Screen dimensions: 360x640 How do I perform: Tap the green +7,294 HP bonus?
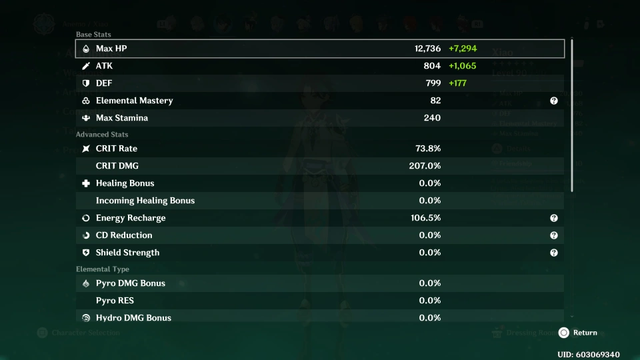[x=463, y=49]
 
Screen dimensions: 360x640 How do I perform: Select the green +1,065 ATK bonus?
[x=463, y=66]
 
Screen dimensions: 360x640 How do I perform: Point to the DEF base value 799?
[x=432, y=83]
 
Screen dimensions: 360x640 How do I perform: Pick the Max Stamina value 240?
[x=432, y=118]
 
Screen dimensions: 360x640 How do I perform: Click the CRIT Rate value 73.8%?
[x=427, y=149]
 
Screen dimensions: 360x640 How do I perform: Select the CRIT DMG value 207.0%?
[x=425, y=166]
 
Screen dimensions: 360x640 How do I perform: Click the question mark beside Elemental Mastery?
[x=553, y=101]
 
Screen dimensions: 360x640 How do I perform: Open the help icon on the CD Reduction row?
[x=553, y=235]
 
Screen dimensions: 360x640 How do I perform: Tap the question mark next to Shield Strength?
[x=553, y=253]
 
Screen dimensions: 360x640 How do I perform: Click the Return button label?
[x=585, y=333]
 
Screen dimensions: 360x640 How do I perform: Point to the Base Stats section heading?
[x=93, y=34]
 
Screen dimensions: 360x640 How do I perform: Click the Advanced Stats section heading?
[x=102, y=135]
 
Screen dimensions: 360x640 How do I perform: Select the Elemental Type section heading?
[x=103, y=269]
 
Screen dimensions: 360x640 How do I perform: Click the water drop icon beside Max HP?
[x=85, y=49]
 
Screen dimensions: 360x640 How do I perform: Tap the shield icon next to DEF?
[x=85, y=83]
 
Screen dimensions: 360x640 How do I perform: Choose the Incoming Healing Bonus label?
[x=145, y=201]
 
